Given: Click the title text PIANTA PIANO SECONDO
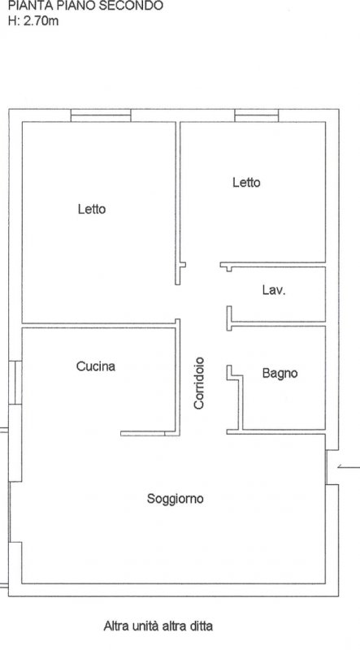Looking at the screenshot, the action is coord(85,6).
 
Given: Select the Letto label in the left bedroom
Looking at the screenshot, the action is coord(92,209).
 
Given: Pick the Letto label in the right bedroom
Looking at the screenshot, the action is coord(246,182).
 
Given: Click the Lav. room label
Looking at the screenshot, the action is coord(274,290).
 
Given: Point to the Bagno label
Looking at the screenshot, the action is coord(280,374).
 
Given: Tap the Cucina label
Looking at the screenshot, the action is coord(96,366).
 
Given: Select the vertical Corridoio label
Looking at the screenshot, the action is coord(199,383).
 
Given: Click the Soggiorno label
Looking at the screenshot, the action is coord(175,499).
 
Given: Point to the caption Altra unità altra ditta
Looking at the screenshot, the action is coord(158,626).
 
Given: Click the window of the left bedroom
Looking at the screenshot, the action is coord(101,115).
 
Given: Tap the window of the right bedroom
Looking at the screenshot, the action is coord(256,115).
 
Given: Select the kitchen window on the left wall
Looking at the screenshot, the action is coord(15,382).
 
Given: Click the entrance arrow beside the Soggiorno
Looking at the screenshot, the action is coord(349,467).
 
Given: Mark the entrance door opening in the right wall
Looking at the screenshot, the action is coord(327,466).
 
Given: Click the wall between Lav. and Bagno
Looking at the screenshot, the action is coord(275,323).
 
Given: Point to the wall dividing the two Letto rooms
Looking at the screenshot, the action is coord(178,203).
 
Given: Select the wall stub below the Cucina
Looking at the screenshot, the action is coord(150,434).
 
